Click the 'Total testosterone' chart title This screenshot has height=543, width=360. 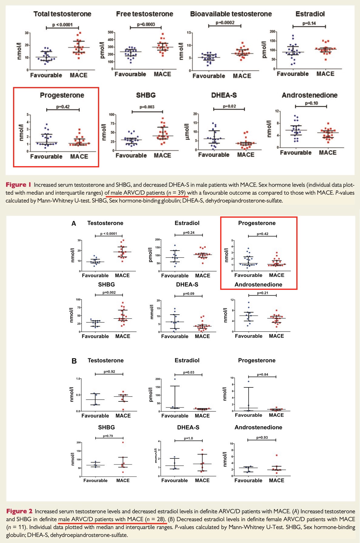click(62, 14)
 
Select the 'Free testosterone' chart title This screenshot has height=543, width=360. click(144, 14)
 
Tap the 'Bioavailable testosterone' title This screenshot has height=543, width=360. click(231, 14)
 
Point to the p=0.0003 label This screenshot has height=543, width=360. click(146, 24)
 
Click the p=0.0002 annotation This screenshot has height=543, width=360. click(225, 23)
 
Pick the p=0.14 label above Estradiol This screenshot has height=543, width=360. click(309, 23)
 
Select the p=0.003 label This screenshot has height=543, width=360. click(147, 107)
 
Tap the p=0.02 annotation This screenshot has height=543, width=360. click(229, 106)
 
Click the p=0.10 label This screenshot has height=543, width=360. click(311, 103)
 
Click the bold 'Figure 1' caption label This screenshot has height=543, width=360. click(19, 185)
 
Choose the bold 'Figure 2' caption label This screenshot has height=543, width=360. click(19, 511)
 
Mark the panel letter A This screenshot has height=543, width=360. click(74, 224)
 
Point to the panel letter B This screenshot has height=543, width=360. click(74, 361)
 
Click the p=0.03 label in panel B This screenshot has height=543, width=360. click(189, 372)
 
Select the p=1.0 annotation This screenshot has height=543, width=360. click(188, 438)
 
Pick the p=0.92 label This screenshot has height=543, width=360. click(109, 372)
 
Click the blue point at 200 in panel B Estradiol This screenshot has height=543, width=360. click(175, 379)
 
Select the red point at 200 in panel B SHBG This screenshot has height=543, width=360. click(123, 442)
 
